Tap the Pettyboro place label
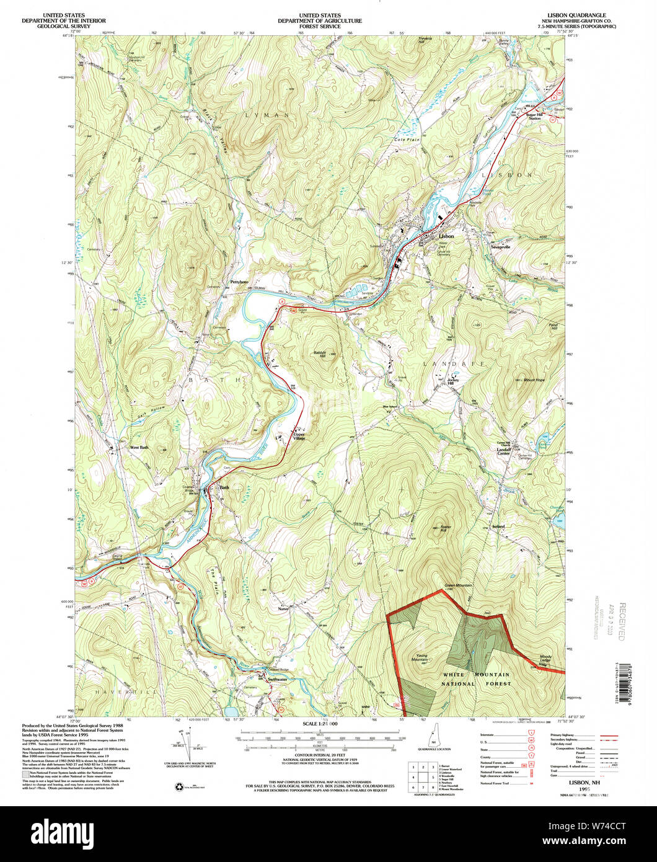click(239, 282)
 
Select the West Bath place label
click(138, 447)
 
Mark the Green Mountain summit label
click(458, 585)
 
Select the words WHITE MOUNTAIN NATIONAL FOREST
click(475, 679)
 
